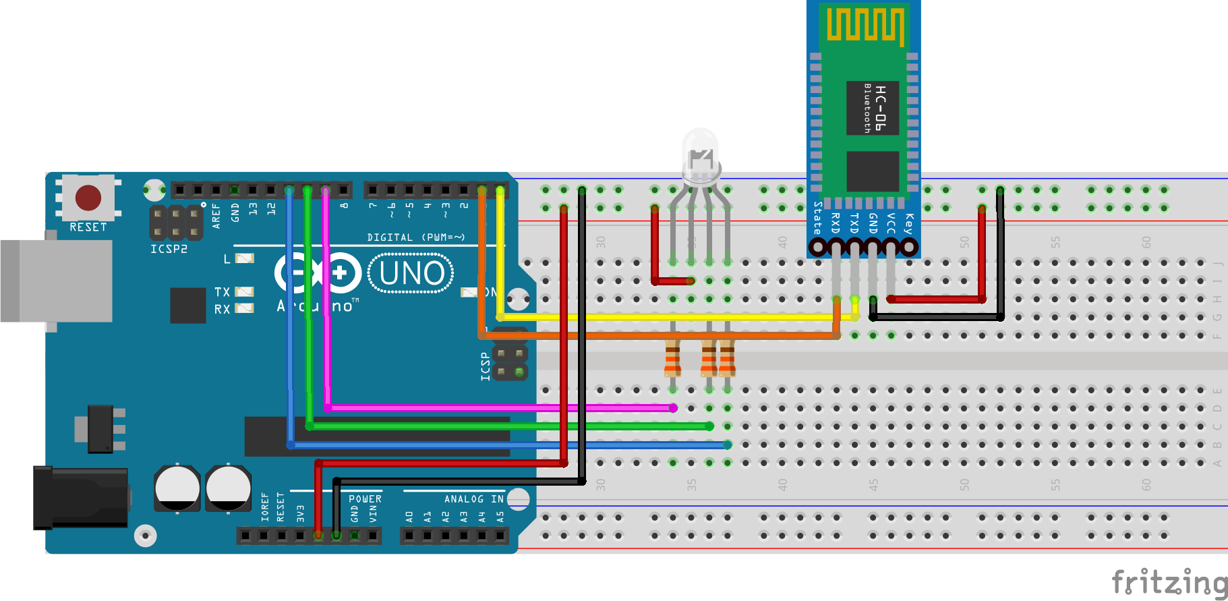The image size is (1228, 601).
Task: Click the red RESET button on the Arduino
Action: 88,198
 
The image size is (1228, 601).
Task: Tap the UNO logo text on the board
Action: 411,273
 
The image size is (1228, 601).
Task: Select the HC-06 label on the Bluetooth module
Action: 880,108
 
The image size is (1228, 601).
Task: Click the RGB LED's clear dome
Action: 701,152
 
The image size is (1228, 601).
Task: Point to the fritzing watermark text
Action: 1169,581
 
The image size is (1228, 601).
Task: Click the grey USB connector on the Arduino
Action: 57,281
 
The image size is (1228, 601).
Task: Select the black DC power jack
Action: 81,498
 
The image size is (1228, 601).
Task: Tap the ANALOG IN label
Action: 473,499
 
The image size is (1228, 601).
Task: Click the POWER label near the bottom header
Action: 365,499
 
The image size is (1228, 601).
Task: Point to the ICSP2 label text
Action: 169,249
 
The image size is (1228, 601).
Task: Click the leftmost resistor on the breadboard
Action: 672,358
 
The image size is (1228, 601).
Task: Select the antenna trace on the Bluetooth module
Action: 865,25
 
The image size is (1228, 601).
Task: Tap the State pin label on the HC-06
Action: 817,218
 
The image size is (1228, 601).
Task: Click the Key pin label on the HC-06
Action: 909,223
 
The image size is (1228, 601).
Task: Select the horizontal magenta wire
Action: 499,408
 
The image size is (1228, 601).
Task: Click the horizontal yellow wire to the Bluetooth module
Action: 674,316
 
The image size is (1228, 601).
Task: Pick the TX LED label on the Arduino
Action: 222,292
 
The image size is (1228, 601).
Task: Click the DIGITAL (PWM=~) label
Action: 416,237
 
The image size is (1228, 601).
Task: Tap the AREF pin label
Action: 216,216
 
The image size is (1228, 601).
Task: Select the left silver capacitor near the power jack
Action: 177,487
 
